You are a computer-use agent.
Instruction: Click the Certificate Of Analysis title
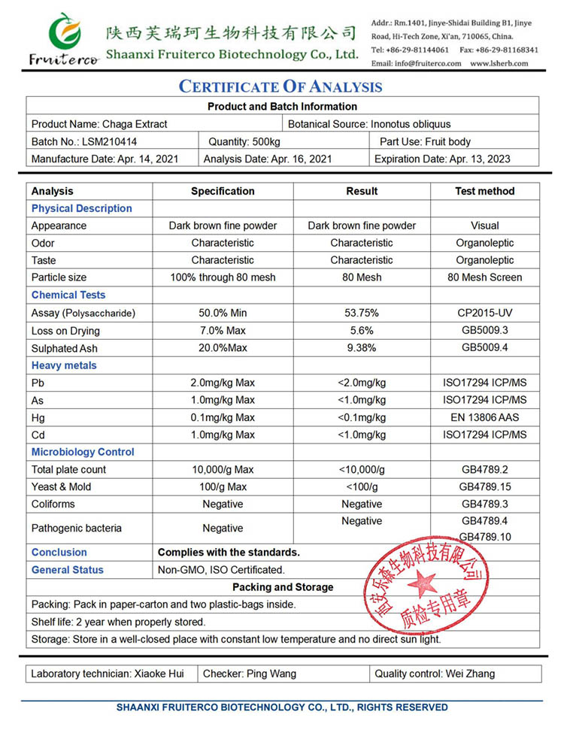coord(280,86)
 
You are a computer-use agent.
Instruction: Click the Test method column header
coord(484,191)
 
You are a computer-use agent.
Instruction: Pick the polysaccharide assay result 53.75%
coord(362,313)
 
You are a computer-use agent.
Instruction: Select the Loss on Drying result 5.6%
coord(362,330)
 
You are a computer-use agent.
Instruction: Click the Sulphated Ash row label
coord(65,348)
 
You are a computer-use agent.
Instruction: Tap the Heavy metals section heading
coord(64,365)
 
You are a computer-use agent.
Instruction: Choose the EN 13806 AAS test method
coord(484,417)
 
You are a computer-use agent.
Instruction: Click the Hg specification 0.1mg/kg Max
coord(223,417)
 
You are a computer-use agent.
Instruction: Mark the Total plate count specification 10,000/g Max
coord(223,469)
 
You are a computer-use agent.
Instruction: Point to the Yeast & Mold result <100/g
coord(362,486)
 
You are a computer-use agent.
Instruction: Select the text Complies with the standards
coord(229,552)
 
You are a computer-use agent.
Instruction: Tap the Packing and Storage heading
coord(283,587)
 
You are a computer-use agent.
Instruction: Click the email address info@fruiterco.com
coord(427,63)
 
